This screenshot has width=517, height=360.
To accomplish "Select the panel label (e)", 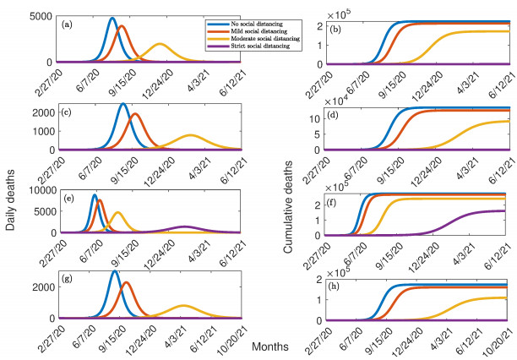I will (66, 223).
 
